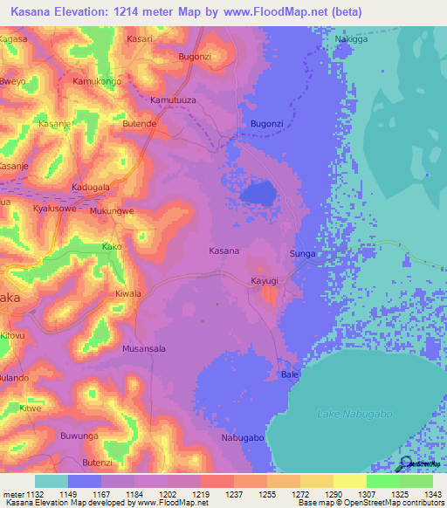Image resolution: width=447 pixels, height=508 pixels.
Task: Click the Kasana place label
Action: (x=224, y=251)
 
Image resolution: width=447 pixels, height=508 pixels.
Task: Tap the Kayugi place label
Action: (x=264, y=281)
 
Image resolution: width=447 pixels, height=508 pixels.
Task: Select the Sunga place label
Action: (x=302, y=254)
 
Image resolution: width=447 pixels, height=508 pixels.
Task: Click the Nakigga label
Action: (x=351, y=39)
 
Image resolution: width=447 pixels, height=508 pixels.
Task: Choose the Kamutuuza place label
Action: (x=175, y=101)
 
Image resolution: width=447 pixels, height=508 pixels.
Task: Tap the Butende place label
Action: (x=139, y=124)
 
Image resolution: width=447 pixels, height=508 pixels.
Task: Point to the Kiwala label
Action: (x=128, y=294)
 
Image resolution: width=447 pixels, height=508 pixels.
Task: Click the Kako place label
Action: (x=112, y=247)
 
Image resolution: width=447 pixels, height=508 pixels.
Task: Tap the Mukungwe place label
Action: (x=112, y=211)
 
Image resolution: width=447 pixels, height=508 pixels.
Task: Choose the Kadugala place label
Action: (x=91, y=188)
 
